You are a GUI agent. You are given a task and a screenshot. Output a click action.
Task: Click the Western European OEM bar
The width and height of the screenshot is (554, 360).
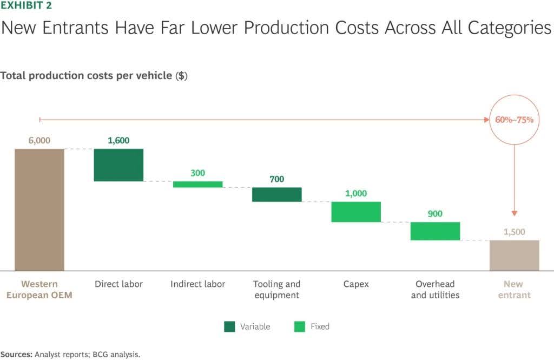pos(39,209)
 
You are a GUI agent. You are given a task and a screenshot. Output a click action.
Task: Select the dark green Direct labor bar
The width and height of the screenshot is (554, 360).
pos(118,165)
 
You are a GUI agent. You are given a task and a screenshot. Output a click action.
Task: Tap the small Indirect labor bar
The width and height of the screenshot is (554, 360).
pos(197,184)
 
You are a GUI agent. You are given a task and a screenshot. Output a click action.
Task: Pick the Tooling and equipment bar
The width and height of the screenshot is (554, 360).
pos(276,194)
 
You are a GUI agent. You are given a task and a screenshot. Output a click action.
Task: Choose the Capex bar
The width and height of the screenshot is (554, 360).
pos(356,212)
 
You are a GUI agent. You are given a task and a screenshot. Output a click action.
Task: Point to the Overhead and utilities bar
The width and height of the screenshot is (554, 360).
pos(435,231)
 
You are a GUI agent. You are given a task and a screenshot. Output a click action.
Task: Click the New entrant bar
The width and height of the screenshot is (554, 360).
pos(514,255)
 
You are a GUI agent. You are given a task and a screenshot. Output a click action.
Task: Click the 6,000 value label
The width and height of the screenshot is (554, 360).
pos(39,140)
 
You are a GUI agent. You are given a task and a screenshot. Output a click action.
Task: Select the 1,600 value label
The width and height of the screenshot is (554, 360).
pos(118,140)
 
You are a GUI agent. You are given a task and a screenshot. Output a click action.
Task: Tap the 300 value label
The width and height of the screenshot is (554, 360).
pos(197,173)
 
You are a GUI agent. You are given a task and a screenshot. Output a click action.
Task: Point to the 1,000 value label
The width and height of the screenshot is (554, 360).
pos(356,193)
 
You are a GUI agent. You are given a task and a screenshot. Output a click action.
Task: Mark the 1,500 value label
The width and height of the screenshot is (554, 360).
pos(514,232)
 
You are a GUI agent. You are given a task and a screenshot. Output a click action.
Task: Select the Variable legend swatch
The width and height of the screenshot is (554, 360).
pos(229,326)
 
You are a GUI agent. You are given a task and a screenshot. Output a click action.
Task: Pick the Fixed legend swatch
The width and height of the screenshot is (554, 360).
pos(300,326)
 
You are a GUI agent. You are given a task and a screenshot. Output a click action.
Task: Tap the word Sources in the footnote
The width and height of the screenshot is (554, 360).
pos(16,355)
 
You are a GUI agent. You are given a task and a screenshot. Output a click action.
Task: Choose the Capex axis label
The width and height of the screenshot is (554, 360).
pos(356,284)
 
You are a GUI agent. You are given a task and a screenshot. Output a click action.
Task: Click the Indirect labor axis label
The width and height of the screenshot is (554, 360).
pos(197,284)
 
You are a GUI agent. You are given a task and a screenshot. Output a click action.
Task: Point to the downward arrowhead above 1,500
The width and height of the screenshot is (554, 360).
pos(514,213)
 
